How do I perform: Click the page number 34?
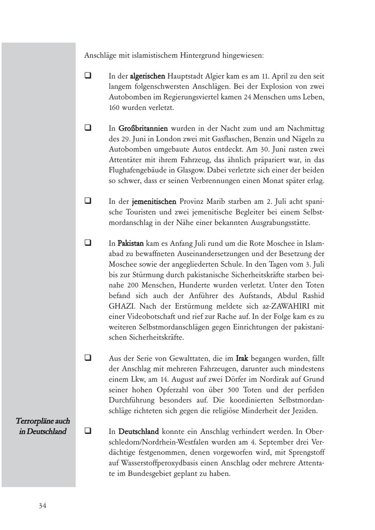point(42,506)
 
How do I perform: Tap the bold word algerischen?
point(147,76)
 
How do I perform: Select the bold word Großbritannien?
point(143,128)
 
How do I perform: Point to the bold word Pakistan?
point(130,243)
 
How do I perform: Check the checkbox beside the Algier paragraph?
point(88,76)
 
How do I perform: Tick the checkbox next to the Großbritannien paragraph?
point(88,128)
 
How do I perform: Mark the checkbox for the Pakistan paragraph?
point(88,242)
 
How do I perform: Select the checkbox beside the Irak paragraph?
point(88,357)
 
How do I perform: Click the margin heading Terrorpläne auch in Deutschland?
point(42,426)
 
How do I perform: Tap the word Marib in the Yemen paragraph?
point(215,202)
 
